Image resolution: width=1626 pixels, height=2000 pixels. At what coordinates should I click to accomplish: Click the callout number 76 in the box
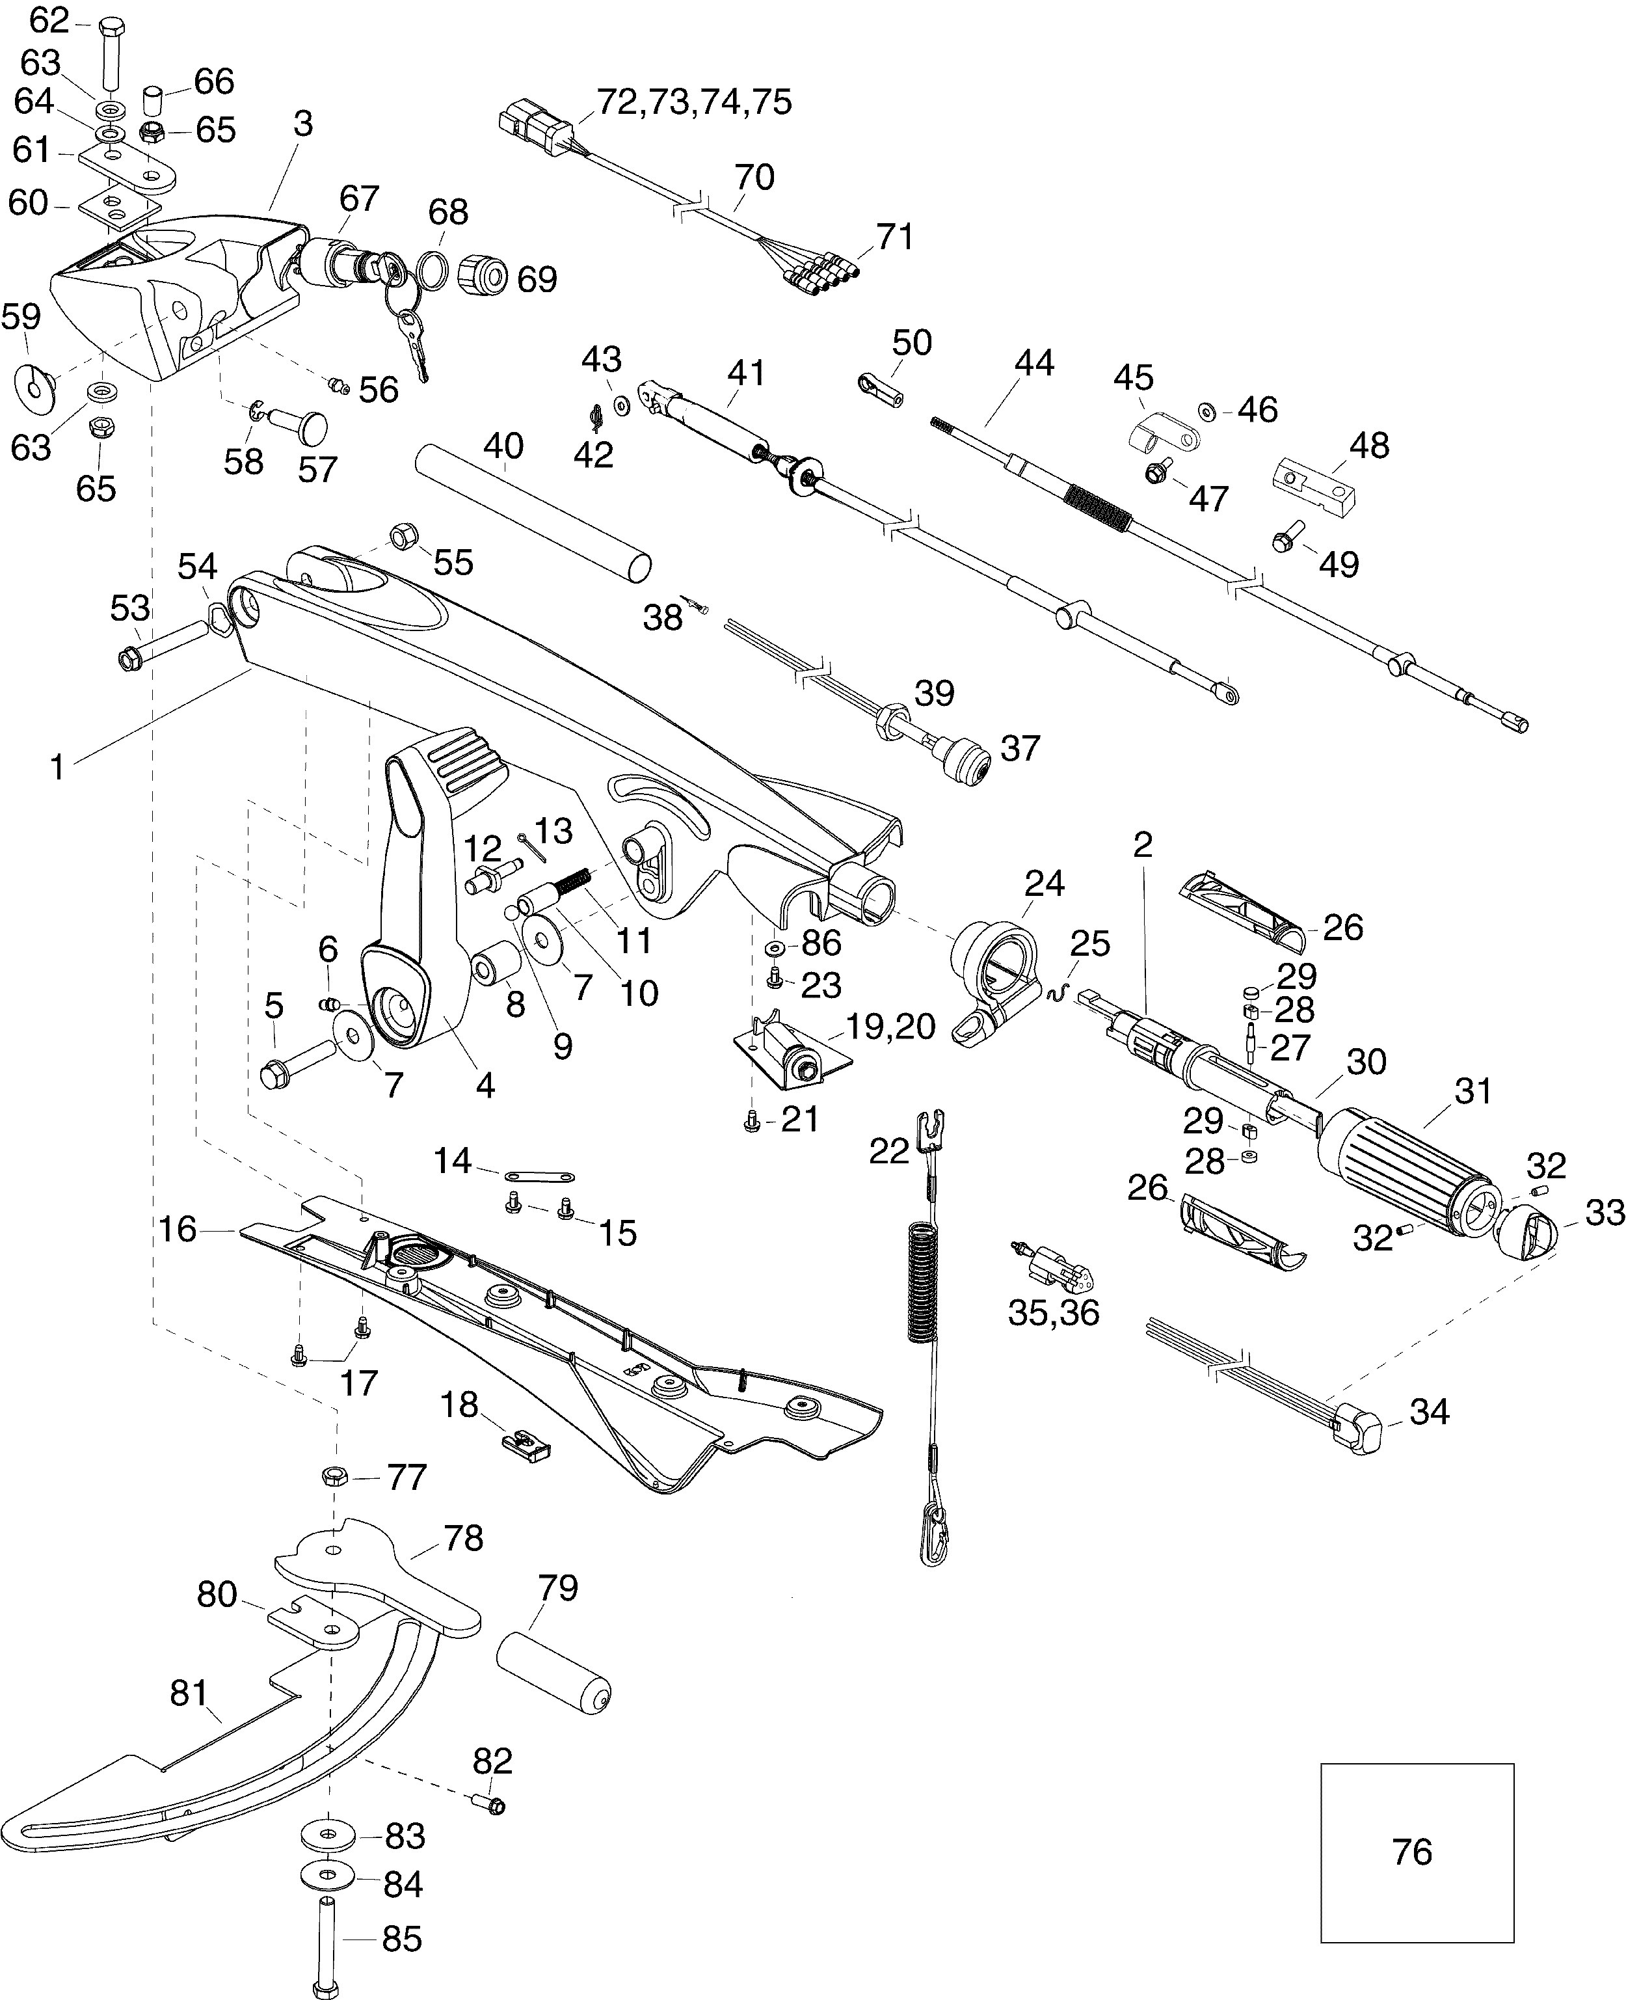pyautogui.click(x=1411, y=1852)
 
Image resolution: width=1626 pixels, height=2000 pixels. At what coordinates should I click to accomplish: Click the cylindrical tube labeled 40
pyautogui.click(x=532, y=513)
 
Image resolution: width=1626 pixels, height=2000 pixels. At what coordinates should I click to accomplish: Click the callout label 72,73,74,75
pyautogui.click(x=694, y=101)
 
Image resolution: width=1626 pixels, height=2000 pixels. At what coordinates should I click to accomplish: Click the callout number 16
pyautogui.click(x=177, y=1229)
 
